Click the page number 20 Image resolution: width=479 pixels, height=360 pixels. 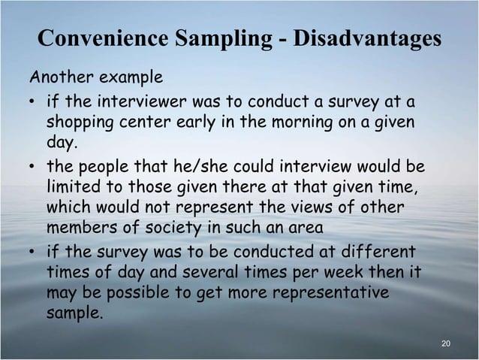pos(447,343)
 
